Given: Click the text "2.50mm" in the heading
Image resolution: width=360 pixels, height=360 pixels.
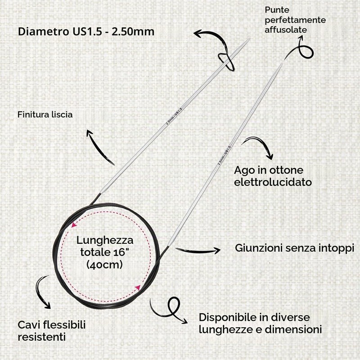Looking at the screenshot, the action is tap(133, 31).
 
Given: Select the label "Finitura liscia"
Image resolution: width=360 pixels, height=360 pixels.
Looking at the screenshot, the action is tap(45, 115).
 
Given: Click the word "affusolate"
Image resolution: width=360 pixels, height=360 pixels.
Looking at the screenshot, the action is tap(286, 30).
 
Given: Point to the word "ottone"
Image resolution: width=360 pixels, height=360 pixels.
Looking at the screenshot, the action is tap(286, 171).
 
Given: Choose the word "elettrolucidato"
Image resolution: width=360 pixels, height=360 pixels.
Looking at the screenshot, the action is tap(273, 182).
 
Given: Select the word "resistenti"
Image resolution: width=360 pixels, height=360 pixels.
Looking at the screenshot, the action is tap(42, 337).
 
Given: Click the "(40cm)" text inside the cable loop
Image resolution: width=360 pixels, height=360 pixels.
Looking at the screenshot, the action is tap(104, 265).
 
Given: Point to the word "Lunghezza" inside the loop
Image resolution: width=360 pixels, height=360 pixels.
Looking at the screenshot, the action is tap(105, 241).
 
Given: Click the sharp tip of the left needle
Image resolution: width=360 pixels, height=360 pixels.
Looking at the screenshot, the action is tap(249, 39).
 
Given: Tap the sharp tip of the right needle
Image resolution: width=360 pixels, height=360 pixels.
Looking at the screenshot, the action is tap(283, 63).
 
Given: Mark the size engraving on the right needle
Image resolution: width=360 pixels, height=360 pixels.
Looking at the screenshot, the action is tap(224, 155).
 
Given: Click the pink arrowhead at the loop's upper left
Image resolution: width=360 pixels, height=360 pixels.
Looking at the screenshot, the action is tap(74, 225).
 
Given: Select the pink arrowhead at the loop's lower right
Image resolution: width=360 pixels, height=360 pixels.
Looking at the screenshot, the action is tap(138, 288).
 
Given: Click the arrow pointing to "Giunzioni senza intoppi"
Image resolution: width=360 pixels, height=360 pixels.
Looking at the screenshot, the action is tap(198, 251).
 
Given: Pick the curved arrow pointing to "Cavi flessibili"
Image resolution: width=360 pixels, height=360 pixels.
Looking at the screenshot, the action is tap(41, 292).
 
